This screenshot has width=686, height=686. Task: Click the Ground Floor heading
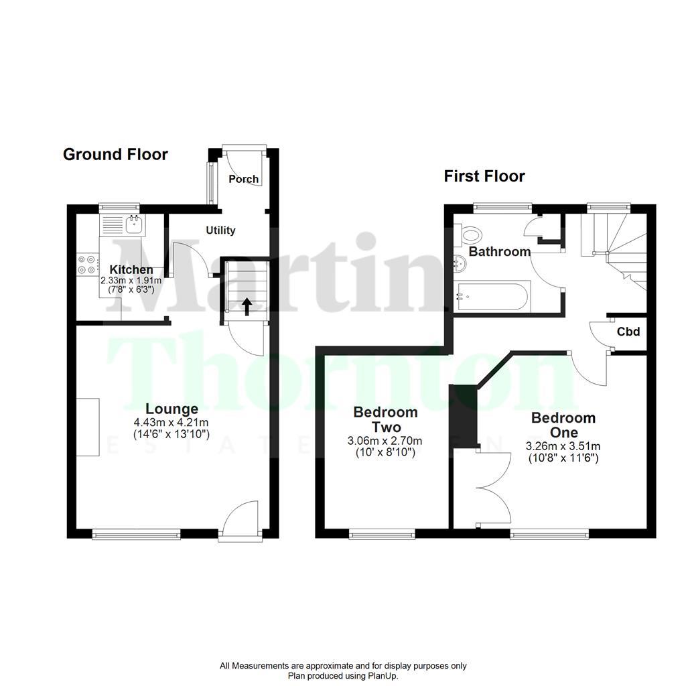coord(115,155)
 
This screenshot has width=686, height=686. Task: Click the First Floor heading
coord(484,176)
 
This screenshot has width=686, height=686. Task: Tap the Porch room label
coord(243,179)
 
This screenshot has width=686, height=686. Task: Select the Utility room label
coord(220,230)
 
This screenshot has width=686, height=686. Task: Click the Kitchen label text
coord(131,269)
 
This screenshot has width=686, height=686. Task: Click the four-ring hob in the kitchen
coord(86,264)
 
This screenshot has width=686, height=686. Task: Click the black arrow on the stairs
coord(247,306)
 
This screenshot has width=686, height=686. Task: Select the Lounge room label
coord(172,409)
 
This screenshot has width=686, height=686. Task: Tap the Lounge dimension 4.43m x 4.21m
coord(172,422)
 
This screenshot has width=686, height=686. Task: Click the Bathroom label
coord(500,252)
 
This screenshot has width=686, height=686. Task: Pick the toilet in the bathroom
coord(470,235)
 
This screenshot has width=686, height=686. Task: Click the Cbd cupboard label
coord(628,332)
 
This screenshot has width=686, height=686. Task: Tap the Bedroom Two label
coord(386,419)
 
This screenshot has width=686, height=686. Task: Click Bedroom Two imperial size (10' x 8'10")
coord(386,453)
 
